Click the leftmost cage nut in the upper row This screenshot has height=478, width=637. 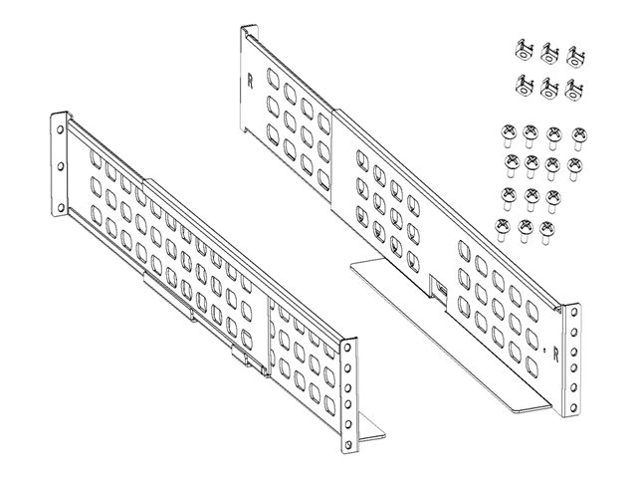[x=524, y=51]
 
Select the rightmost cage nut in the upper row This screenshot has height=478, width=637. [x=575, y=56]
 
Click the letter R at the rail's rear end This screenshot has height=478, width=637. [x=250, y=82]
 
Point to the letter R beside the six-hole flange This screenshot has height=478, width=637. [x=555, y=357]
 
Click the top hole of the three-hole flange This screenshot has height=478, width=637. [x=60, y=130]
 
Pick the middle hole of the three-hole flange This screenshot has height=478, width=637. [x=61, y=166]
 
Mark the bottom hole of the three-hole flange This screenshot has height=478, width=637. [x=61, y=208]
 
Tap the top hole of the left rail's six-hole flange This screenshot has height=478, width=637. [x=347, y=349]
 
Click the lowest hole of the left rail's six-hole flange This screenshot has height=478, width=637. [x=347, y=443]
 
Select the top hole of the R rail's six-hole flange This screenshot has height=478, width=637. [x=573, y=313]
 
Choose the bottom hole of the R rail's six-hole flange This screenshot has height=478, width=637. [x=573, y=407]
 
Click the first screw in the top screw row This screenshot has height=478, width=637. [x=509, y=135]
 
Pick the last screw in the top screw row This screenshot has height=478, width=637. [x=579, y=137]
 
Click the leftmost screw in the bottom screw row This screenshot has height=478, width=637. [x=502, y=230]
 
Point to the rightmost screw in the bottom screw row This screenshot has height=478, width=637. [x=546, y=232]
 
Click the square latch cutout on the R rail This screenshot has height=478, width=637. [x=439, y=287]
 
